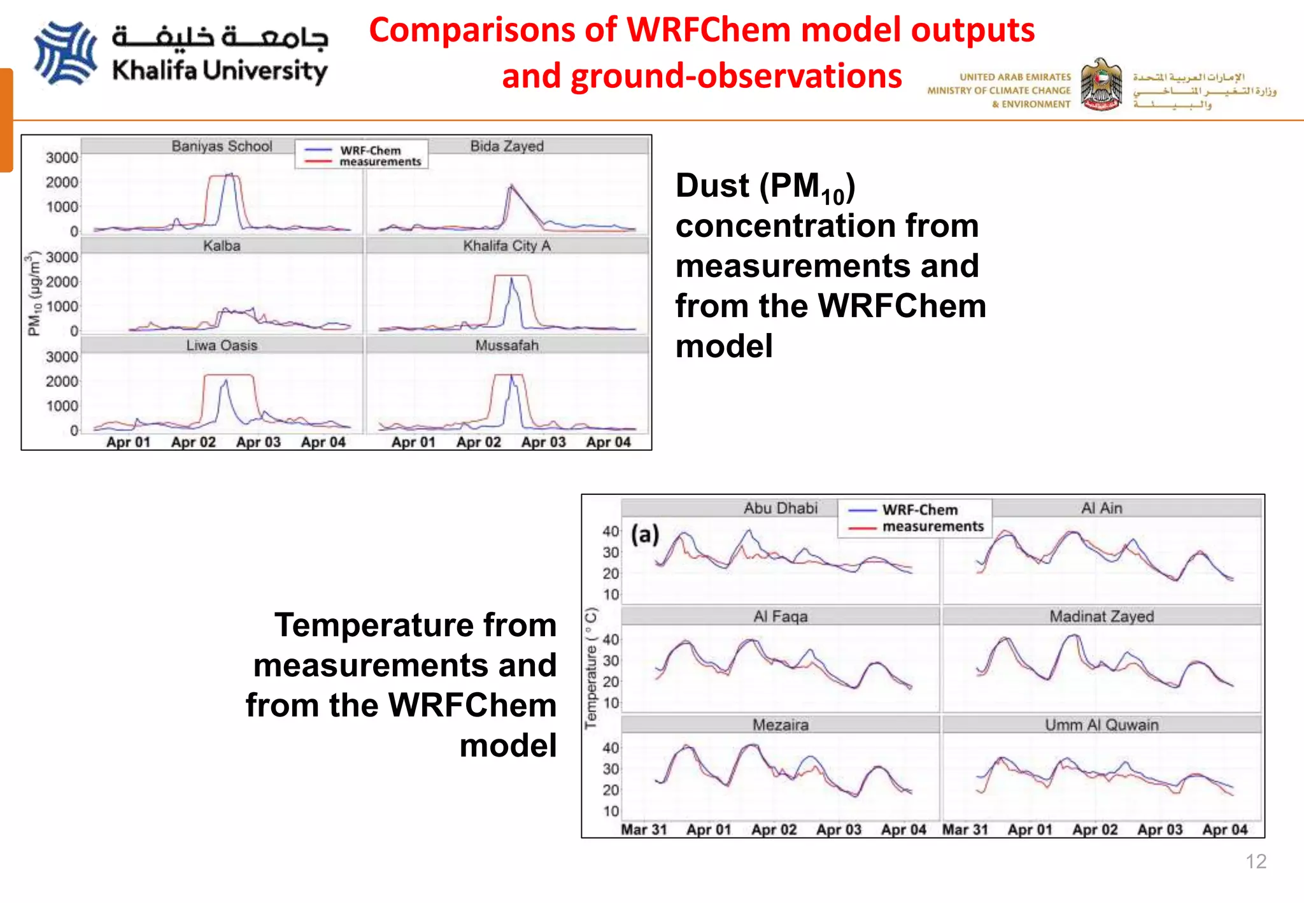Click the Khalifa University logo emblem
66,53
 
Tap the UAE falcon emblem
1102,85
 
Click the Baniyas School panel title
222,146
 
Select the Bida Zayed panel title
507,146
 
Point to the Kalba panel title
222,246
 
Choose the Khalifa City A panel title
507,246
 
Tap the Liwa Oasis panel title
222,345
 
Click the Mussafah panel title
507,345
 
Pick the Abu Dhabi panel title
781,508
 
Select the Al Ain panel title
1102,508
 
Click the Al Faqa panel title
781,616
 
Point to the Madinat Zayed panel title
1102,616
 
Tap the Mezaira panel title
781,725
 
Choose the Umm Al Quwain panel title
1102,725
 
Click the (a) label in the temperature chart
645,534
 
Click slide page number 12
1256,861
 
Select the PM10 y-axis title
33,294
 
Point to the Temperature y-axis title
592,668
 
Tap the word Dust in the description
712,186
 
